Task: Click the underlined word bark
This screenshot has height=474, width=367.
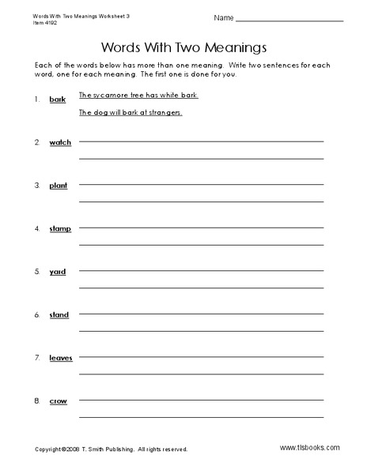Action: pyautogui.click(x=57, y=100)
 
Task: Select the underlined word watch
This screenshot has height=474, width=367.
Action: pyautogui.click(x=60, y=142)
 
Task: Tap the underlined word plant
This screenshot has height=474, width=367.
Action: pyautogui.click(x=59, y=186)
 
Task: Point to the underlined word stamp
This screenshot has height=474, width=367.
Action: pyautogui.click(x=60, y=229)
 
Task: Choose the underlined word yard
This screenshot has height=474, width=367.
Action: pyautogui.click(x=58, y=272)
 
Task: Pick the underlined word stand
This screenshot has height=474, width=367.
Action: pyautogui.click(x=59, y=315)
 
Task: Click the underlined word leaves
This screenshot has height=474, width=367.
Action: pyautogui.click(x=61, y=358)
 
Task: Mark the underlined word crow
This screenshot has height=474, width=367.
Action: pyautogui.click(x=58, y=401)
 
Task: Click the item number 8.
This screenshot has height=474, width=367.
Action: pyautogui.click(x=36, y=401)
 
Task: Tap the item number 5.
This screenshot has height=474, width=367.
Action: pyautogui.click(x=36, y=272)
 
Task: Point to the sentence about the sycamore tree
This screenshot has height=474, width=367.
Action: pyautogui.click(x=138, y=96)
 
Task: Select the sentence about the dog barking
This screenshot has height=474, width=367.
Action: pyautogui.click(x=131, y=113)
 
